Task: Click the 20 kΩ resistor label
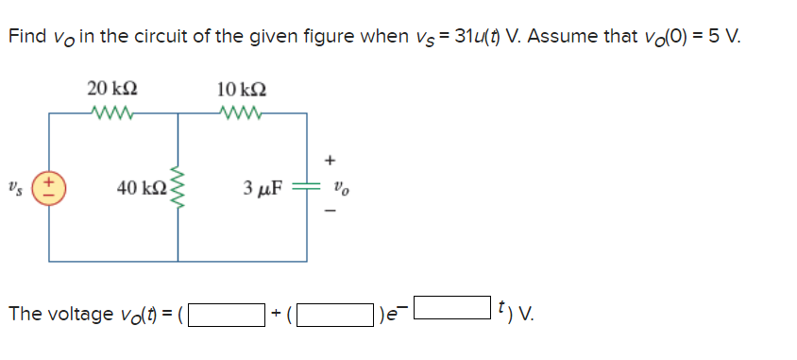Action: point(111,89)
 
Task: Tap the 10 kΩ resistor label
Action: point(242,89)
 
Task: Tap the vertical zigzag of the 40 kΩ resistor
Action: point(177,186)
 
